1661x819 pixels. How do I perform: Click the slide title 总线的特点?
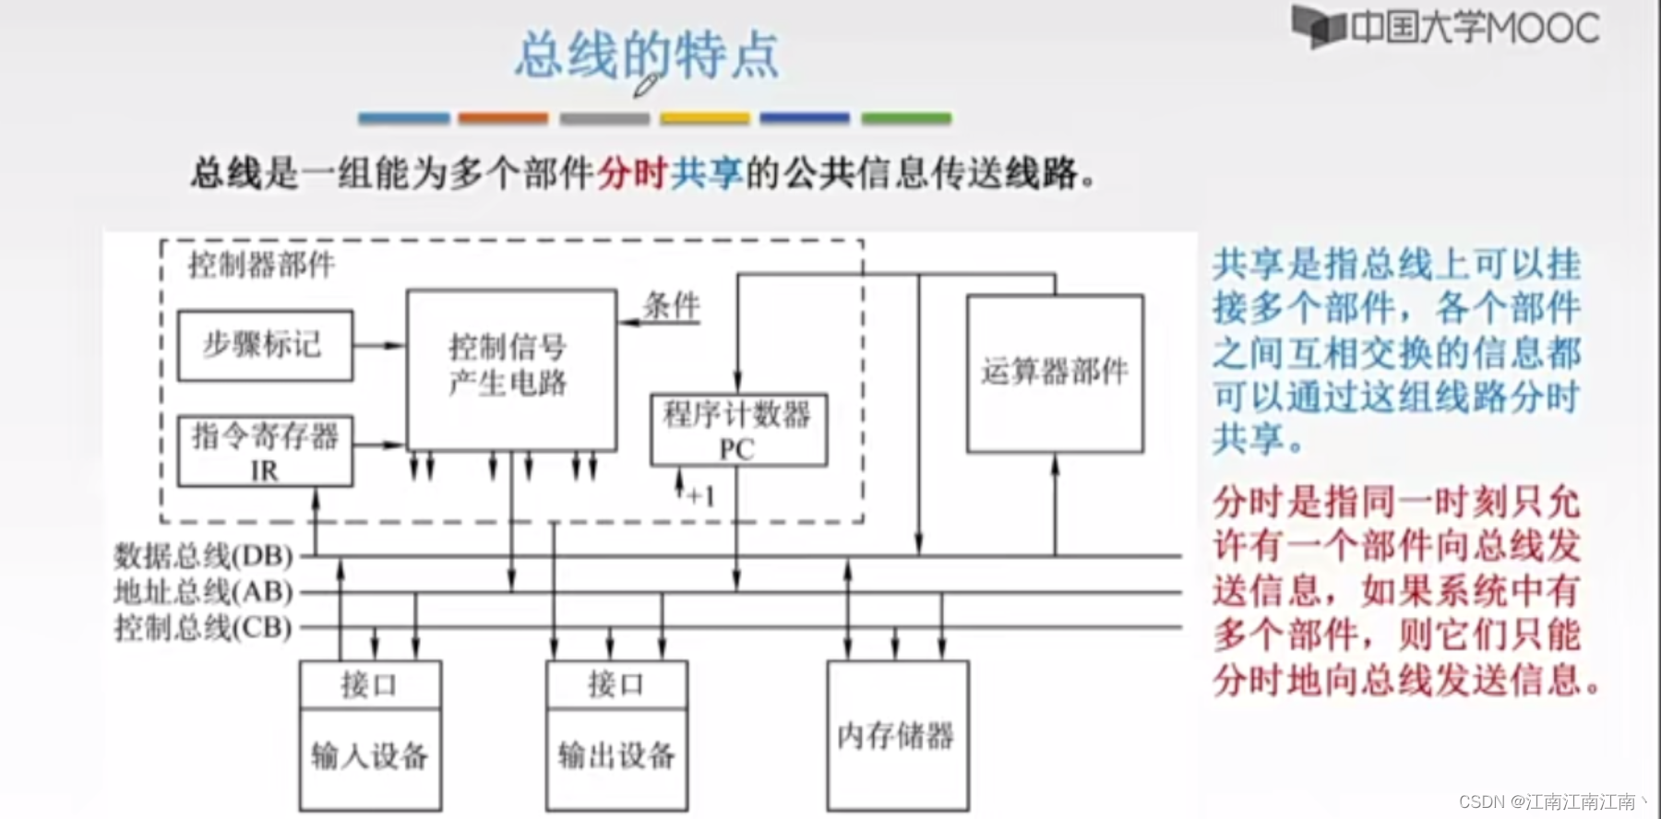[x=646, y=55]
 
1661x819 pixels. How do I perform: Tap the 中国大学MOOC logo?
[x=1445, y=28]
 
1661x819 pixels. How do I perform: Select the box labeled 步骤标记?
[x=265, y=345]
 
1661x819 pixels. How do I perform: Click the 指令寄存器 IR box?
[x=265, y=451]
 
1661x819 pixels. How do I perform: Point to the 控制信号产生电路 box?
[x=511, y=369]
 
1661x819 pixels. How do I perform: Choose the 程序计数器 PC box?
[x=738, y=430]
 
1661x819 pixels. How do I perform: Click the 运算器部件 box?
[x=1055, y=373]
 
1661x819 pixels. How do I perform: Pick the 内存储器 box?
[x=897, y=735]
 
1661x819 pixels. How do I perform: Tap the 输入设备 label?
[x=370, y=756]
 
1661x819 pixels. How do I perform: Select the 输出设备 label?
[x=616, y=756]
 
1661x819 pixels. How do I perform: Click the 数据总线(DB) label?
[x=203, y=556]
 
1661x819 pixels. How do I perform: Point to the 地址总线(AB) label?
[x=203, y=592]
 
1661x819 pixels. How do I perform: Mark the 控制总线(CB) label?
[x=203, y=628]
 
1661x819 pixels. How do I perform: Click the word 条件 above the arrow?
[x=672, y=305]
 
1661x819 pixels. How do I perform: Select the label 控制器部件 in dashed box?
[x=261, y=265]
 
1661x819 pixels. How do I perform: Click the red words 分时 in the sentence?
[x=631, y=173]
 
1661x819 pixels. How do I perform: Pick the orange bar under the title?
[x=503, y=118]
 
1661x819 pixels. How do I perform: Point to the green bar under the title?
[x=906, y=118]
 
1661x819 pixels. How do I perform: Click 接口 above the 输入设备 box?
[x=370, y=684]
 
